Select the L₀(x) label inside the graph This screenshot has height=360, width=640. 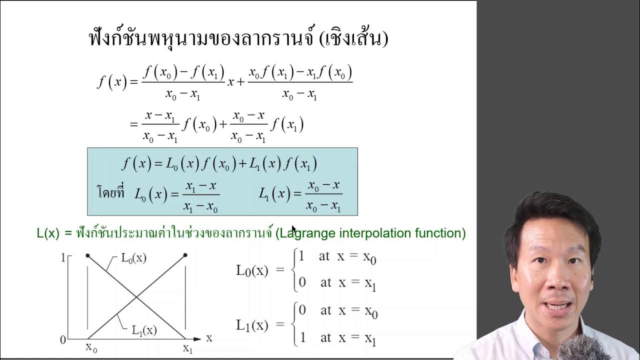tap(133, 258)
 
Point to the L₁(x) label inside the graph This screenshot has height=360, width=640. tap(144, 330)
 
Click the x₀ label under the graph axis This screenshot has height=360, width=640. tap(91, 347)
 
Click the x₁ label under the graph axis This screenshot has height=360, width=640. tap(187, 348)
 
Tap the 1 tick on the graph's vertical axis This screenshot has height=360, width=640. tap(63, 258)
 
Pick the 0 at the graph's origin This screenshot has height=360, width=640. tap(63, 340)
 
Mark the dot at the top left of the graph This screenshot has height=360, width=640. tap(88, 255)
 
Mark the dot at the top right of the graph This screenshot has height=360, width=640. tap(185, 255)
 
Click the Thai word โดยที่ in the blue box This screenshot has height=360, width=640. tap(110, 192)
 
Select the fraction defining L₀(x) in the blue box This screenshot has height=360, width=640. tap(200, 196)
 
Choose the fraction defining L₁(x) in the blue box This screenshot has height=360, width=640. tap(324, 196)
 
